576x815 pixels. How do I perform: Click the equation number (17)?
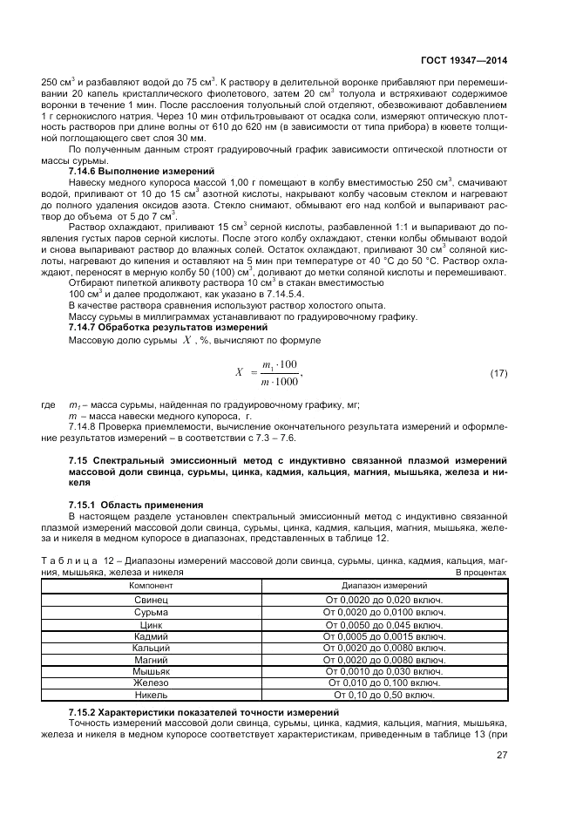498,373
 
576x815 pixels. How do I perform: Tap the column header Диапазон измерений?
383,587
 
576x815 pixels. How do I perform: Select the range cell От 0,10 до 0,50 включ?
383,696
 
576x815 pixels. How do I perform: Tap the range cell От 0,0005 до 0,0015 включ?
383,636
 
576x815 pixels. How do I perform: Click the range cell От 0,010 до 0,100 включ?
383,683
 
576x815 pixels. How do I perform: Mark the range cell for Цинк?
383,625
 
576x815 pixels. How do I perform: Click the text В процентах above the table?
481,573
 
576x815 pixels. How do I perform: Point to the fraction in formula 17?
280,373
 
